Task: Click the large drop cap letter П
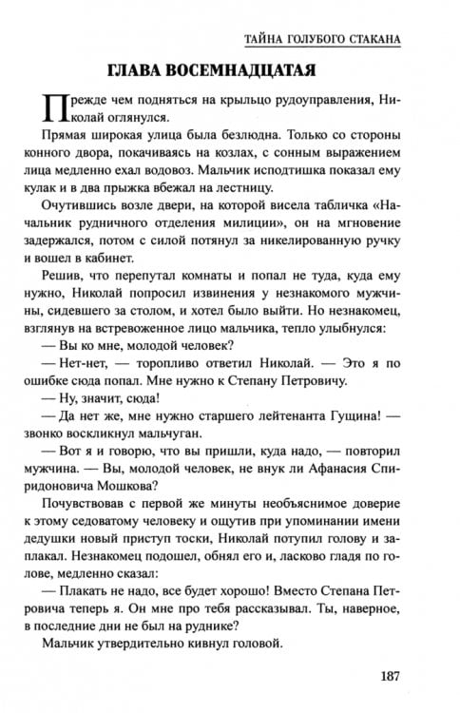coord(56,107)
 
